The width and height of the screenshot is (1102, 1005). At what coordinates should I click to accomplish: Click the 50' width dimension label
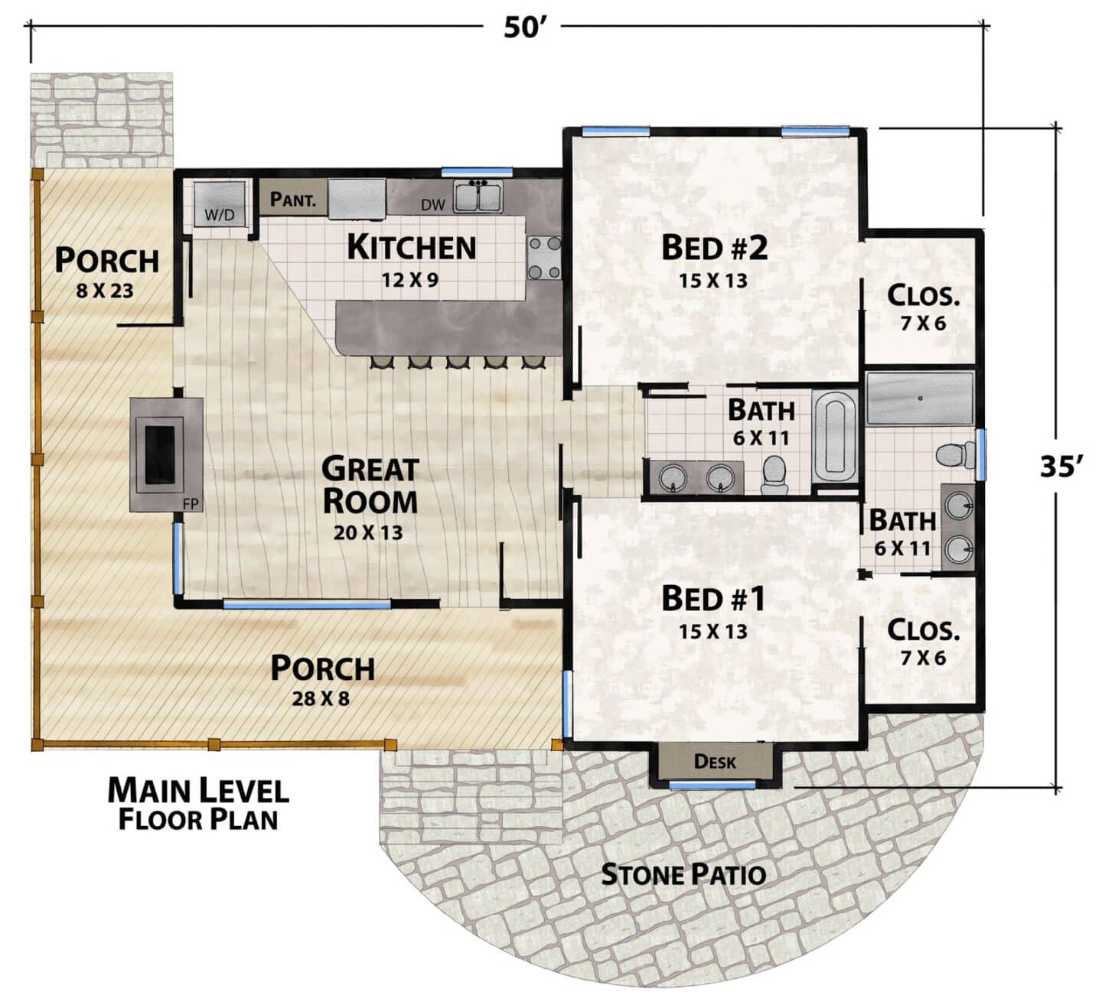point(525,28)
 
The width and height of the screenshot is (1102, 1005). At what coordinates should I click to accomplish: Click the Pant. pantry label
point(293,199)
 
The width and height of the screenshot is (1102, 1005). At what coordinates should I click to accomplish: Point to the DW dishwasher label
point(433,205)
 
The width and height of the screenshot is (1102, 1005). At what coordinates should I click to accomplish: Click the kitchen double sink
point(478,197)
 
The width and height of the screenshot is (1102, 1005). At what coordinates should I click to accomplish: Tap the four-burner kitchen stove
point(544,258)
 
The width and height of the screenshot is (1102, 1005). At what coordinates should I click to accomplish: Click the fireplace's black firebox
point(159,455)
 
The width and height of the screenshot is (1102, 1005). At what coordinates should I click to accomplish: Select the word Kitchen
point(412,247)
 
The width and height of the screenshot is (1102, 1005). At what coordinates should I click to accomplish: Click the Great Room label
point(370,485)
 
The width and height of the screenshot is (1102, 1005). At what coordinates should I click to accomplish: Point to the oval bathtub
point(834,437)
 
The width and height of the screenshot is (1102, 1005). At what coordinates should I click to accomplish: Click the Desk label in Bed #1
point(714,761)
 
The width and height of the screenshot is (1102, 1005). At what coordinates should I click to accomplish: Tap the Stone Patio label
point(683,874)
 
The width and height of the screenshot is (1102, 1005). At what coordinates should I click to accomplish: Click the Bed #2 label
point(713,248)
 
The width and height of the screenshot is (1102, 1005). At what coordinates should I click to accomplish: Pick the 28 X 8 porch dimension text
point(321,698)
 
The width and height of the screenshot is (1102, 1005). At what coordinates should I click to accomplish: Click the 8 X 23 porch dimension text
point(104,291)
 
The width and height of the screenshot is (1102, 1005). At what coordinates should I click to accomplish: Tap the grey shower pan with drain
point(920,398)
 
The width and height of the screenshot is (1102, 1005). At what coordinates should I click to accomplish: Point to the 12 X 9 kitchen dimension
point(410,280)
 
